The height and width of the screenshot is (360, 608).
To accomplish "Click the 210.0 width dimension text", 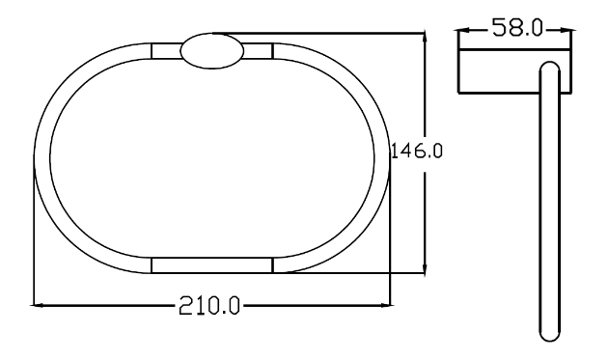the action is (209, 305).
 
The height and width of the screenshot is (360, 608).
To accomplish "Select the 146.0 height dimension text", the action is (416, 151).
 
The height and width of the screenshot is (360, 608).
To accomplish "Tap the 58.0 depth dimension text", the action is (517, 28).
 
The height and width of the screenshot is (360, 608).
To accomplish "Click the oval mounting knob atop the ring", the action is (212, 51).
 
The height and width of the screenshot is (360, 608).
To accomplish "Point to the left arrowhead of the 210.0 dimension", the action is (36, 305).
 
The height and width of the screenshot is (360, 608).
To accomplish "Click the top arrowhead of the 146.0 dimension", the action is (425, 37).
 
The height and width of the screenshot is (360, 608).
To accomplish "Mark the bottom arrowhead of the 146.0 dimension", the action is (425, 269).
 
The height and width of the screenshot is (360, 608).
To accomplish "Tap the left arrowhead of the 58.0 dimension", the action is (464, 30).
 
